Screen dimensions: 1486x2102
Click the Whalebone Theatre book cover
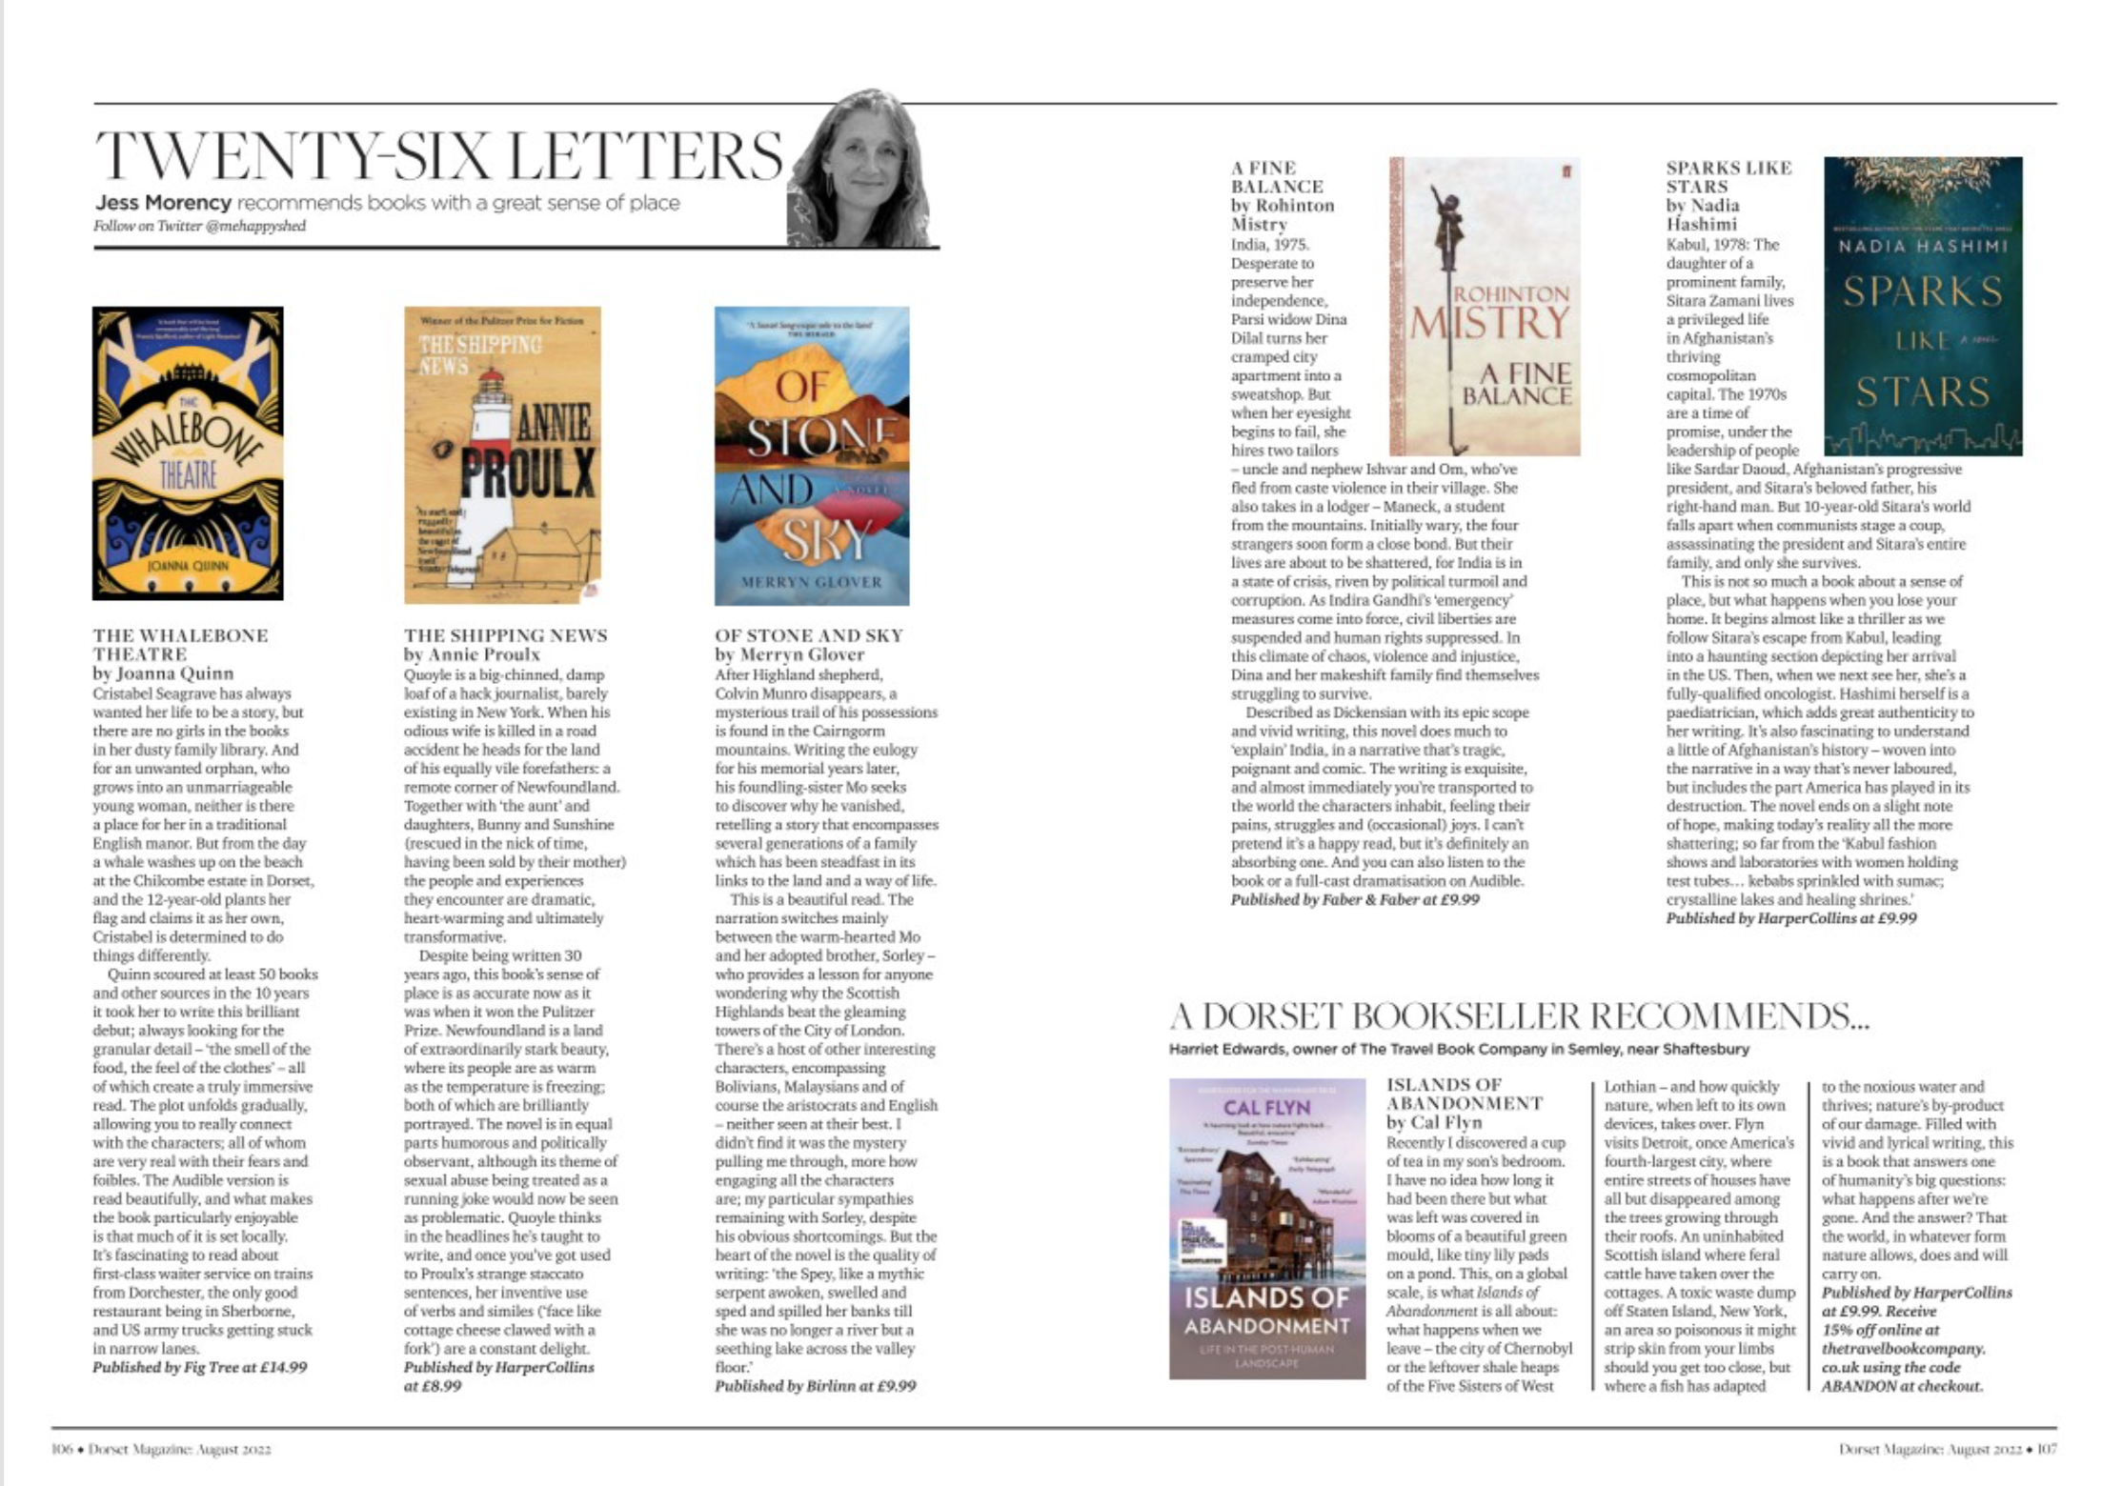point(188,453)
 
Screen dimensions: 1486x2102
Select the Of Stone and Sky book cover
point(812,455)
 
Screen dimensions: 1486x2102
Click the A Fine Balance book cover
point(1485,307)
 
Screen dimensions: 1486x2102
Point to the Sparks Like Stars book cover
point(1923,307)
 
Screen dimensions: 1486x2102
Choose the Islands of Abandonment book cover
point(1266,1229)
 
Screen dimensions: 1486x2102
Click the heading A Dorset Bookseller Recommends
point(1519,1017)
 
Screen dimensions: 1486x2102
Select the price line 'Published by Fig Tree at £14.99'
point(199,1368)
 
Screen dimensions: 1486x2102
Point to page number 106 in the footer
point(62,1450)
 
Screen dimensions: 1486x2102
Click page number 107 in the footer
point(2047,1450)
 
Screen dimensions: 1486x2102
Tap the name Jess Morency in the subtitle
point(163,203)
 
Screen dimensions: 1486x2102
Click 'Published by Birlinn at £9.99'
point(815,1386)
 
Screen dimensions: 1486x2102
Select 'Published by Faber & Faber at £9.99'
point(1354,899)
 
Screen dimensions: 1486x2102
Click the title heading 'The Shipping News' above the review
point(505,635)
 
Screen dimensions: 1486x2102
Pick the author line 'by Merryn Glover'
point(789,654)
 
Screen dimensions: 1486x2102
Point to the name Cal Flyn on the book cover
point(1266,1108)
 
